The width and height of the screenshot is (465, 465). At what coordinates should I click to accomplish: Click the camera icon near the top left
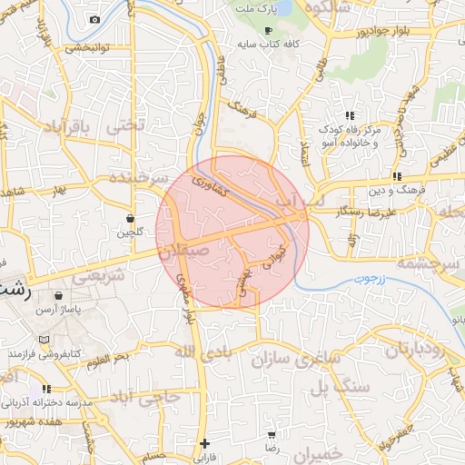94,19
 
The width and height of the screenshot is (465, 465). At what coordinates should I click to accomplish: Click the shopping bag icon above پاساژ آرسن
59,296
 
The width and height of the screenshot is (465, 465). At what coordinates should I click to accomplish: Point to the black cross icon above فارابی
204,443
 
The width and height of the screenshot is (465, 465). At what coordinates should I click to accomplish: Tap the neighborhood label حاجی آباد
143,397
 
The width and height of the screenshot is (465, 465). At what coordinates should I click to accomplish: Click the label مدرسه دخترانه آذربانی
45,401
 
